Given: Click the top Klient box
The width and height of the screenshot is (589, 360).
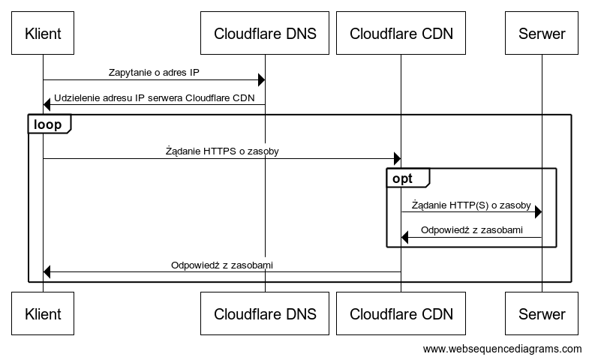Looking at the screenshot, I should tap(43, 34).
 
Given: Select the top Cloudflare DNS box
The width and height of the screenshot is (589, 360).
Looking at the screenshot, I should tap(265, 34).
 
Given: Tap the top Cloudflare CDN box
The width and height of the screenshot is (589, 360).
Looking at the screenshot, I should tap(401, 34).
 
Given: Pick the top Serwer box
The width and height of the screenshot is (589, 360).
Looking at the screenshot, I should tap(542, 34).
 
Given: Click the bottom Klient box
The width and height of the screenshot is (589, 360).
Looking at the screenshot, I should tap(43, 313).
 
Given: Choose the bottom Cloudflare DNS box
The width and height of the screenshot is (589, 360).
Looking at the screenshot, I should tap(265, 313).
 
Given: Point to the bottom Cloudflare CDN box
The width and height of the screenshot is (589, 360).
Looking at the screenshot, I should tap(401, 313).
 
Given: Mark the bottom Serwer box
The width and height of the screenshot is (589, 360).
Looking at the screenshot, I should tap(542, 313).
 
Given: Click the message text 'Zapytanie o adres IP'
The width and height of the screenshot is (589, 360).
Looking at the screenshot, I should tap(154, 73).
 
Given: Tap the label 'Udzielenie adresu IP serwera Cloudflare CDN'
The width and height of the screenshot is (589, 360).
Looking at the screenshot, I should tap(154, 97).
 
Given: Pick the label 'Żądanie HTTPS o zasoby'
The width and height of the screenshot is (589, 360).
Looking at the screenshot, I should tap(222, 151).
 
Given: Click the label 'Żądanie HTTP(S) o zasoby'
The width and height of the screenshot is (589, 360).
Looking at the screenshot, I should tap(471, 205).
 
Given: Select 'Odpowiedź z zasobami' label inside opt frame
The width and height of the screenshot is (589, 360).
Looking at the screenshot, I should tap(471, 229).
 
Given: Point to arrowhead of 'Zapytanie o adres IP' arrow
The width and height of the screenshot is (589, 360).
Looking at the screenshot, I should tap(261, 80).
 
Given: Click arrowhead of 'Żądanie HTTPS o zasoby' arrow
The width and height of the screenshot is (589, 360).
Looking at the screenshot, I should tap(397, 158).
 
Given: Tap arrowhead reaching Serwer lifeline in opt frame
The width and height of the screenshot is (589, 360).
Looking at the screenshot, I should tap(537, 213).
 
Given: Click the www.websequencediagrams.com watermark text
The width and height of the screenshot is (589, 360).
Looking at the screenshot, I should tap(502, 349).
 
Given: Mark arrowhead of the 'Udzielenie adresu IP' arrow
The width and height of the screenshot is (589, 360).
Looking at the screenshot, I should tap(47, 104).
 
